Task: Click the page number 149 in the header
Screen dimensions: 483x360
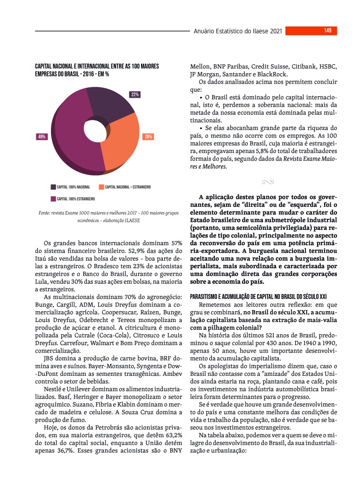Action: pos(327,31)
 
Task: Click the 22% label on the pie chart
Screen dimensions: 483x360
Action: pos(135,94)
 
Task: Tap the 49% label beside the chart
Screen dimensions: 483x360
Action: pos(42,137)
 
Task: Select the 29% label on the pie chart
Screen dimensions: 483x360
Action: pos(148,137)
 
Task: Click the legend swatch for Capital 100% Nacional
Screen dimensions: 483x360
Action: pos(53,187)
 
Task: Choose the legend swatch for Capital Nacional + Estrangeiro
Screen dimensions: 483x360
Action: pos(101,187)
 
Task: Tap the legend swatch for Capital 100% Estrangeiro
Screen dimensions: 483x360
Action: pos(53,199)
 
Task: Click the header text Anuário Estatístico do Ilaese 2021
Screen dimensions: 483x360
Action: pos(238,31)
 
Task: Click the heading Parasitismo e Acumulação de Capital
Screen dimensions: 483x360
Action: pos(258,297)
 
